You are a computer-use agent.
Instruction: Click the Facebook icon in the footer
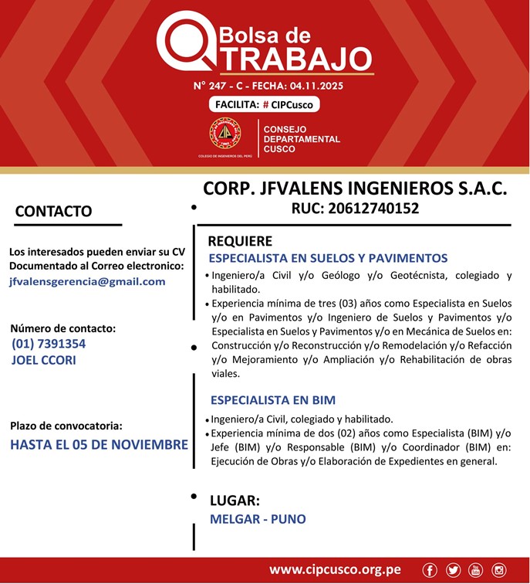pyautogui.click(x=430, y=570)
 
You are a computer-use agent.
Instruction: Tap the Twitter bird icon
pyautogui.click(x=453, y=570)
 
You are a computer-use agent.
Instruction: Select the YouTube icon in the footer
pyautogui.click(x=475, y=570)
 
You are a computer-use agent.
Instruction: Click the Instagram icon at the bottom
pyautogui.click(x=498, y=570)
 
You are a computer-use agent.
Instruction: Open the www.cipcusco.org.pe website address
pyautogui.click(x=335, y=570)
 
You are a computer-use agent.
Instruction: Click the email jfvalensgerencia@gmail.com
pyautogui.click(x=87, y=281)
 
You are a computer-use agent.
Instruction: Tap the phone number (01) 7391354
pyautogui.click(x=49, y=344)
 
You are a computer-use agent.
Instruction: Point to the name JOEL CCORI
pyautogui.click(x=45, y=359)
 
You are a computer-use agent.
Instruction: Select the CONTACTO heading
pyautogui.click(x=54, y=211)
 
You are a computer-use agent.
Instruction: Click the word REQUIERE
pyautogui.click(x=240, y=241)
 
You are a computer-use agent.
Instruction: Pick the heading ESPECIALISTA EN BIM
pyautogui.click(x=273, y=400)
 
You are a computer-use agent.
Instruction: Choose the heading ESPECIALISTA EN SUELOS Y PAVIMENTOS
pyautogui.click(x=328, y=258)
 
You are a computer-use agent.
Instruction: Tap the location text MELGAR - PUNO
pyautogui.click(x=258, y=519)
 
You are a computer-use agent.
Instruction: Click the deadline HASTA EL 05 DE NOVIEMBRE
pyautogui.click(x=99, y=445)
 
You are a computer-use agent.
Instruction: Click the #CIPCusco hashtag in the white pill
pyautogui.click(x=289, y=104)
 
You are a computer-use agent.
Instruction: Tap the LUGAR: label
pyautogui.click(x=235, y=500)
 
